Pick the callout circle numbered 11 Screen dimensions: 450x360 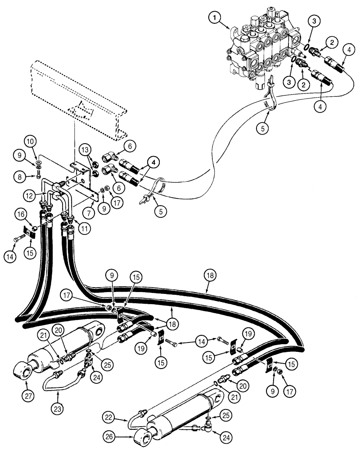tap(83, 227)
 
